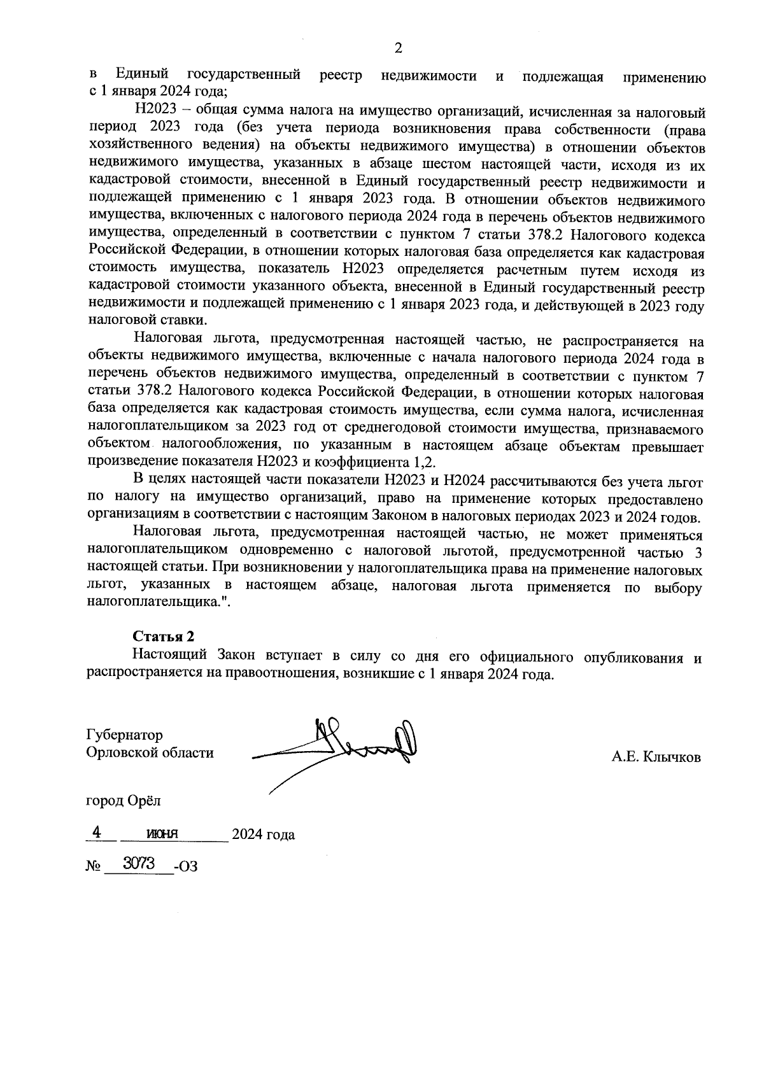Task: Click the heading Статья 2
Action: (x=163, y=637)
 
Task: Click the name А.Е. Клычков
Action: (x=656, y=757)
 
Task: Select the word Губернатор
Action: (x=124, y=735)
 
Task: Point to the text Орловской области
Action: (x=150, y=753)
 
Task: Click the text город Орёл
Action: (x=124, y=800)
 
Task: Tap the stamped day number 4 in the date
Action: (x=97, y=832)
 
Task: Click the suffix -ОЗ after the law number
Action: (x=185, y=866)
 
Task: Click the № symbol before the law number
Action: (x=94, y=866)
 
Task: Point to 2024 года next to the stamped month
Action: (x=263, y=834)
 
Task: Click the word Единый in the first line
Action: (x=141, y=76)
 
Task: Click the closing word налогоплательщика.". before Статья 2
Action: (x=158, y=603)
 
